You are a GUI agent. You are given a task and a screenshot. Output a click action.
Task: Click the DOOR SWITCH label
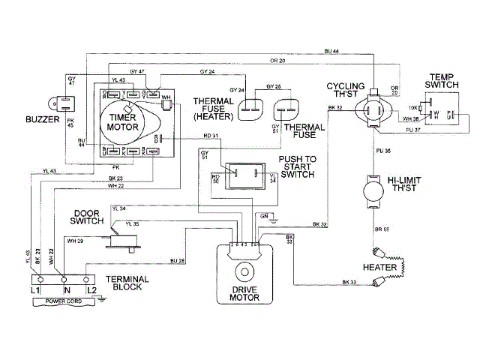coord(89,216)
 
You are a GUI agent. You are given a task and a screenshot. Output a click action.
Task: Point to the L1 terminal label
coord(35,289)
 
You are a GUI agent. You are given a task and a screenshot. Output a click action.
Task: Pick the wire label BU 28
coord(178,260)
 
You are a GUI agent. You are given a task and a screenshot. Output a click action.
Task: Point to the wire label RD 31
coord(211,136)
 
